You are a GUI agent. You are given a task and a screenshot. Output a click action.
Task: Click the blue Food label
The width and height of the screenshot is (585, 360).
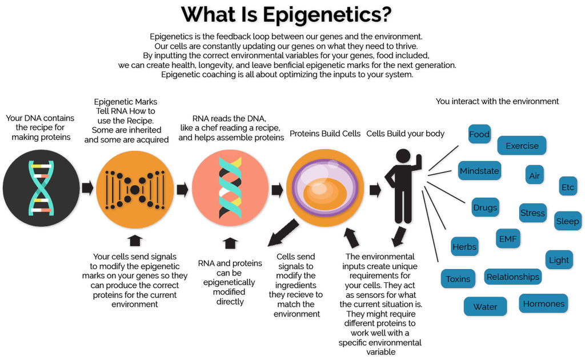pos(479,135)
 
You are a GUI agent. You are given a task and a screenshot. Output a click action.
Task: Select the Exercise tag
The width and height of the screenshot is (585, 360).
pos(522,146)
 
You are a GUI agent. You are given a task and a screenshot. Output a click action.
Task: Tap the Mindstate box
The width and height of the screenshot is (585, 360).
pos(479,171)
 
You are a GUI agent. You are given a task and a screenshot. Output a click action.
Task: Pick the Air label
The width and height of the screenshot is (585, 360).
pos(534,175)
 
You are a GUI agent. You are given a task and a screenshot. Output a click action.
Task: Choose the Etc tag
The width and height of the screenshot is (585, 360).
pos(568,187)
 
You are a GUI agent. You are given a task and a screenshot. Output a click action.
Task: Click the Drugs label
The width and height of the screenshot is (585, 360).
pos(485,207)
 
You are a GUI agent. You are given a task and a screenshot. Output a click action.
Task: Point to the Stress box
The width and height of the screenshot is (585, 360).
pos(532,213)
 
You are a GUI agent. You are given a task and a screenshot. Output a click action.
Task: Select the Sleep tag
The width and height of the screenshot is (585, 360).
pos(567,221)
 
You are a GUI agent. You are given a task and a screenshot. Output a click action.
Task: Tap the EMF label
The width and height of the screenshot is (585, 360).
pos(507,239)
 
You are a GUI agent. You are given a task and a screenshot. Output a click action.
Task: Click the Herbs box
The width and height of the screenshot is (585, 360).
pos(464,247)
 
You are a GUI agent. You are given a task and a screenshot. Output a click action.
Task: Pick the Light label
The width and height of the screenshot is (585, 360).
pos(559,260)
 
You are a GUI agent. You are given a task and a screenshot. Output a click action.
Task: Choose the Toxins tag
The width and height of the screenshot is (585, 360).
pos(458,279)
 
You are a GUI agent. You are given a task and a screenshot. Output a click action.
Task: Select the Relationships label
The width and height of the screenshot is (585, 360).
pos(513,277)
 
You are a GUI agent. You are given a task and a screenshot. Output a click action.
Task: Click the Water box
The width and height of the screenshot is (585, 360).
pos(485,307)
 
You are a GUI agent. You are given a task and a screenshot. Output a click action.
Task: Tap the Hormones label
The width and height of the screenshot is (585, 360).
pos(543,303)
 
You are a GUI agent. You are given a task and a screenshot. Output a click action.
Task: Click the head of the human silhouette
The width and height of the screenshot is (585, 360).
pos(403,156)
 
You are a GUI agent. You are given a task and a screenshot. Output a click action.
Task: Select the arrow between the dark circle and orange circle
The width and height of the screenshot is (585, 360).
pos(87,188)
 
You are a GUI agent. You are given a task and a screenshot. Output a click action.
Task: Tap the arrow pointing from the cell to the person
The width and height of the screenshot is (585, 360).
pos(375,189)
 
